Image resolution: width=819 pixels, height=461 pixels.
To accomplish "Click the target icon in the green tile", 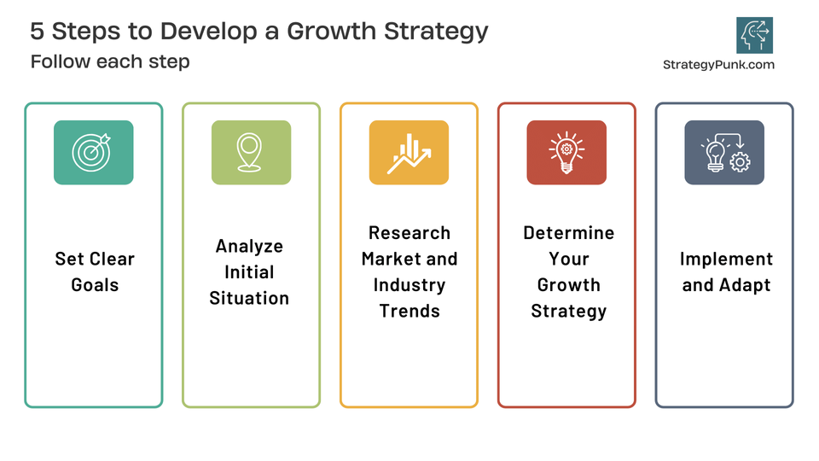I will click(x=93, y=152).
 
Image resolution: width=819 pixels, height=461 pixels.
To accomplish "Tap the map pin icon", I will click(x=251, y=152).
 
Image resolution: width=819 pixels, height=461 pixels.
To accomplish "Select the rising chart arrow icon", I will click(x=409, y=152).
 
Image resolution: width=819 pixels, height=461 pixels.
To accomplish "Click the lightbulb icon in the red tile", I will click(x=566, y=152).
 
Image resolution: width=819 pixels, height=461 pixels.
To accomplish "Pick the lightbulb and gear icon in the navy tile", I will click(x=724, y=152).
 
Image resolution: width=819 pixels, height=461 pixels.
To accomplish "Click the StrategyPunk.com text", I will click(x=718, y=64).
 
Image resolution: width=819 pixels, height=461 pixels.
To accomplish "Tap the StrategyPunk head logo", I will click(x=754, y=35).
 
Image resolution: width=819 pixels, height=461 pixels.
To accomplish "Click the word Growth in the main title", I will click(x=327, y=31).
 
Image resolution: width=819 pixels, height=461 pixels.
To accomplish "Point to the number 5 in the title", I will click(x=38, y=31).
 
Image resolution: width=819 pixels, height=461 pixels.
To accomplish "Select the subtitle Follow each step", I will click(x=110, y=61).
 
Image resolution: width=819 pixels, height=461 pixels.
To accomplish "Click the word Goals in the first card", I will click(x=95, y=285).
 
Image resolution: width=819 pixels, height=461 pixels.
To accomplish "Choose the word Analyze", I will click(x=249, y=246).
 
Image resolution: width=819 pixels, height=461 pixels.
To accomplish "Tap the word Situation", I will click(x=249, y=298).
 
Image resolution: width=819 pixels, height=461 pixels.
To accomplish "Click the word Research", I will click(x=409, y=233).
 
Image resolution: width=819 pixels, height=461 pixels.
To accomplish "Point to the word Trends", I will click(x=409, y=311).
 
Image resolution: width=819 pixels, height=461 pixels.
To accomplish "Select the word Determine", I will click(x=568, y=233).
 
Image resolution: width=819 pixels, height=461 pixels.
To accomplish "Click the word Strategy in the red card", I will click(x=568, y=311).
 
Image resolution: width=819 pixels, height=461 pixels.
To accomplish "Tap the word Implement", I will click(x=726, y=259).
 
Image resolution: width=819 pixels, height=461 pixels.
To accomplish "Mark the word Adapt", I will click(x=744, y=285).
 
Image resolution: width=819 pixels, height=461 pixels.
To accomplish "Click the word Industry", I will click(x=409, y=285).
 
